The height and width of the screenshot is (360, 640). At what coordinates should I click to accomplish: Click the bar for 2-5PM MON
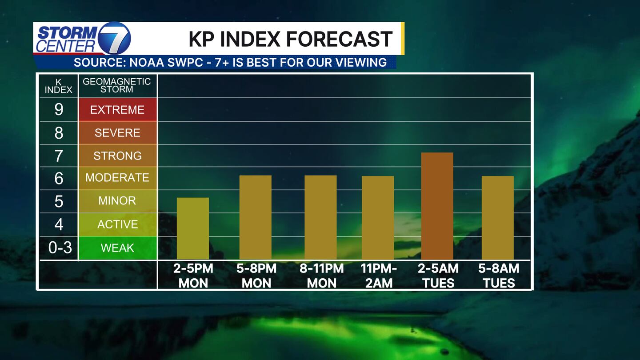pyautogui.click(x=193, y=228)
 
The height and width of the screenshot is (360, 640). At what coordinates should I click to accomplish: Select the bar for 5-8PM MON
pyautogui.click(x=256, y=217)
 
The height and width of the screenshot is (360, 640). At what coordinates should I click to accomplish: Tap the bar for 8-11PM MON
pyautogui.click(x=320, y=217)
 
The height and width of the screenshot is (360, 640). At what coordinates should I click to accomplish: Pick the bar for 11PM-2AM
pyautogui.click(x=378, y=218)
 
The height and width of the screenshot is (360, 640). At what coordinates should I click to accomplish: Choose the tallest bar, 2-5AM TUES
pyautogui.click(x=437, y=206)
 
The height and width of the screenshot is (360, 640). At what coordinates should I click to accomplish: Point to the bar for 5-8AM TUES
pyautogui.click(x=498, y=218)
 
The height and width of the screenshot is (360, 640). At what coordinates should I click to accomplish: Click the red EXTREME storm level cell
pyautogui.click(x=117, y=110)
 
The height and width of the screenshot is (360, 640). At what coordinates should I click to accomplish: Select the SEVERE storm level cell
pyautogui.click(x=117, y=133)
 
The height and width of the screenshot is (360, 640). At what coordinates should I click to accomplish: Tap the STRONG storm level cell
pyautogui.click(x=117, y=156)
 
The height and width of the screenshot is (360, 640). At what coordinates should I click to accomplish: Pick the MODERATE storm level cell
pyautogui.click(x=117, y=178)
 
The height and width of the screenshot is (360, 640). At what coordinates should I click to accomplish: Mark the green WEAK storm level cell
pyautogui.click(x=117, y=248)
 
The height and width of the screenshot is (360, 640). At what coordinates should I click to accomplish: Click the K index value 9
pyautogui.click(x=59, y=110)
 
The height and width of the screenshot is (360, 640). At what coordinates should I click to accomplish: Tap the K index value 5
pyautogui.click(x=59, y=201)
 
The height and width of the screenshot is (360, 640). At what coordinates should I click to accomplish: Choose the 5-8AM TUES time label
pyautogui.click(x=499, y=276)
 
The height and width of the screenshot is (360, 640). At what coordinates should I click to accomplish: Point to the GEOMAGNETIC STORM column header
pyautogui.click(x=117, y=85)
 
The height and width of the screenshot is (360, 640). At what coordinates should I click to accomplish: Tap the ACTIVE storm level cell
pyautogui.click(x=117, y=224)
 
